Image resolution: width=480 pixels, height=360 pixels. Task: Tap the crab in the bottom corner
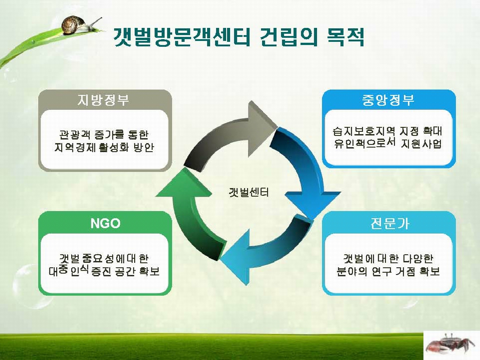[451, 344]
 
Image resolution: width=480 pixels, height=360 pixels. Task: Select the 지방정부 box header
[104, 99]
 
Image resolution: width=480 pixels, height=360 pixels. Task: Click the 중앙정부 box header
[388, 99]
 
